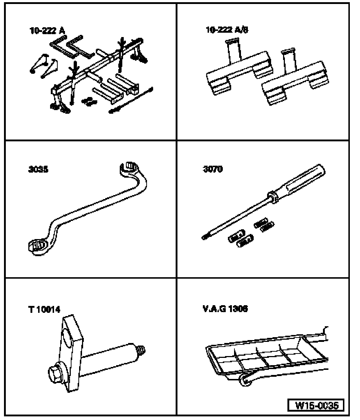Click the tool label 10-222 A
coord(47,31)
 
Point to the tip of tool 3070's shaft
coord(204,238)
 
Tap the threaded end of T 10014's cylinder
coord(142,351)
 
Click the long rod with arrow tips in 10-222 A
coord(131,100)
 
